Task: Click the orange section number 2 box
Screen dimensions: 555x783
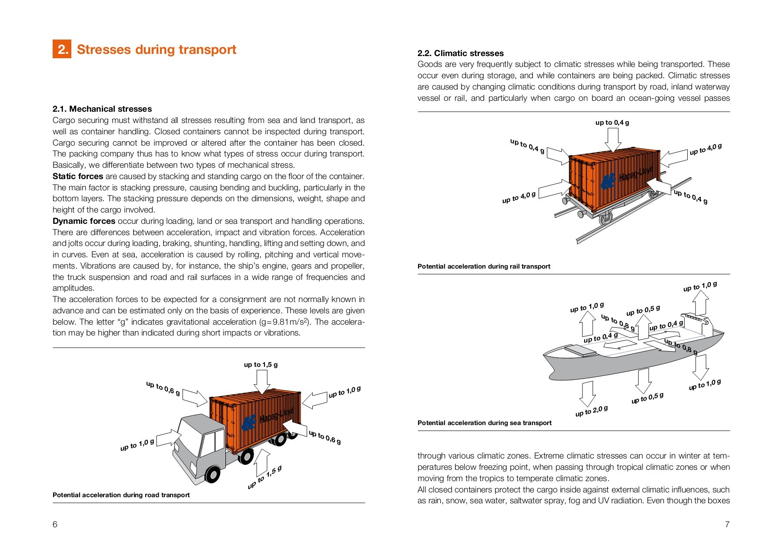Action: tap(62, 50)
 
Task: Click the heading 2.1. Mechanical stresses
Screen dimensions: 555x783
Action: tap(102, 109)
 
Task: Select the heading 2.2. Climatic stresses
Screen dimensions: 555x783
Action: tap(460, 53)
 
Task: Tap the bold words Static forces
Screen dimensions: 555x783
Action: tap(77, 176)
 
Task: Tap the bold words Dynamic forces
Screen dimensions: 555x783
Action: tap(84, 221)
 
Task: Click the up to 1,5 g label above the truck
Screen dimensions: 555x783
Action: tap(261, 365)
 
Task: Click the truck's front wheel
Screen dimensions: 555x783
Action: tap(212, 474)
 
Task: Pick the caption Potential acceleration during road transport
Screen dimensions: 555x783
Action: tap(121, 495)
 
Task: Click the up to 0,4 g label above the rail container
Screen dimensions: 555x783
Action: tap(612, 123)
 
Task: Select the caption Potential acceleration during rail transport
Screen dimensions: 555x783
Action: tap(484, 266)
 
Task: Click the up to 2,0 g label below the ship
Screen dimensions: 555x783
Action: tap(591, 411)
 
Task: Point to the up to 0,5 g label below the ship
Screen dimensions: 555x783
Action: tap(647, 398)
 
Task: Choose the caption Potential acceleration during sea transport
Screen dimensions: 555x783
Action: tap(484, 423)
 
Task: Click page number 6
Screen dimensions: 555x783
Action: tap(55, 525)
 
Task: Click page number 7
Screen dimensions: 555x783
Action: tap(727, 525)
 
